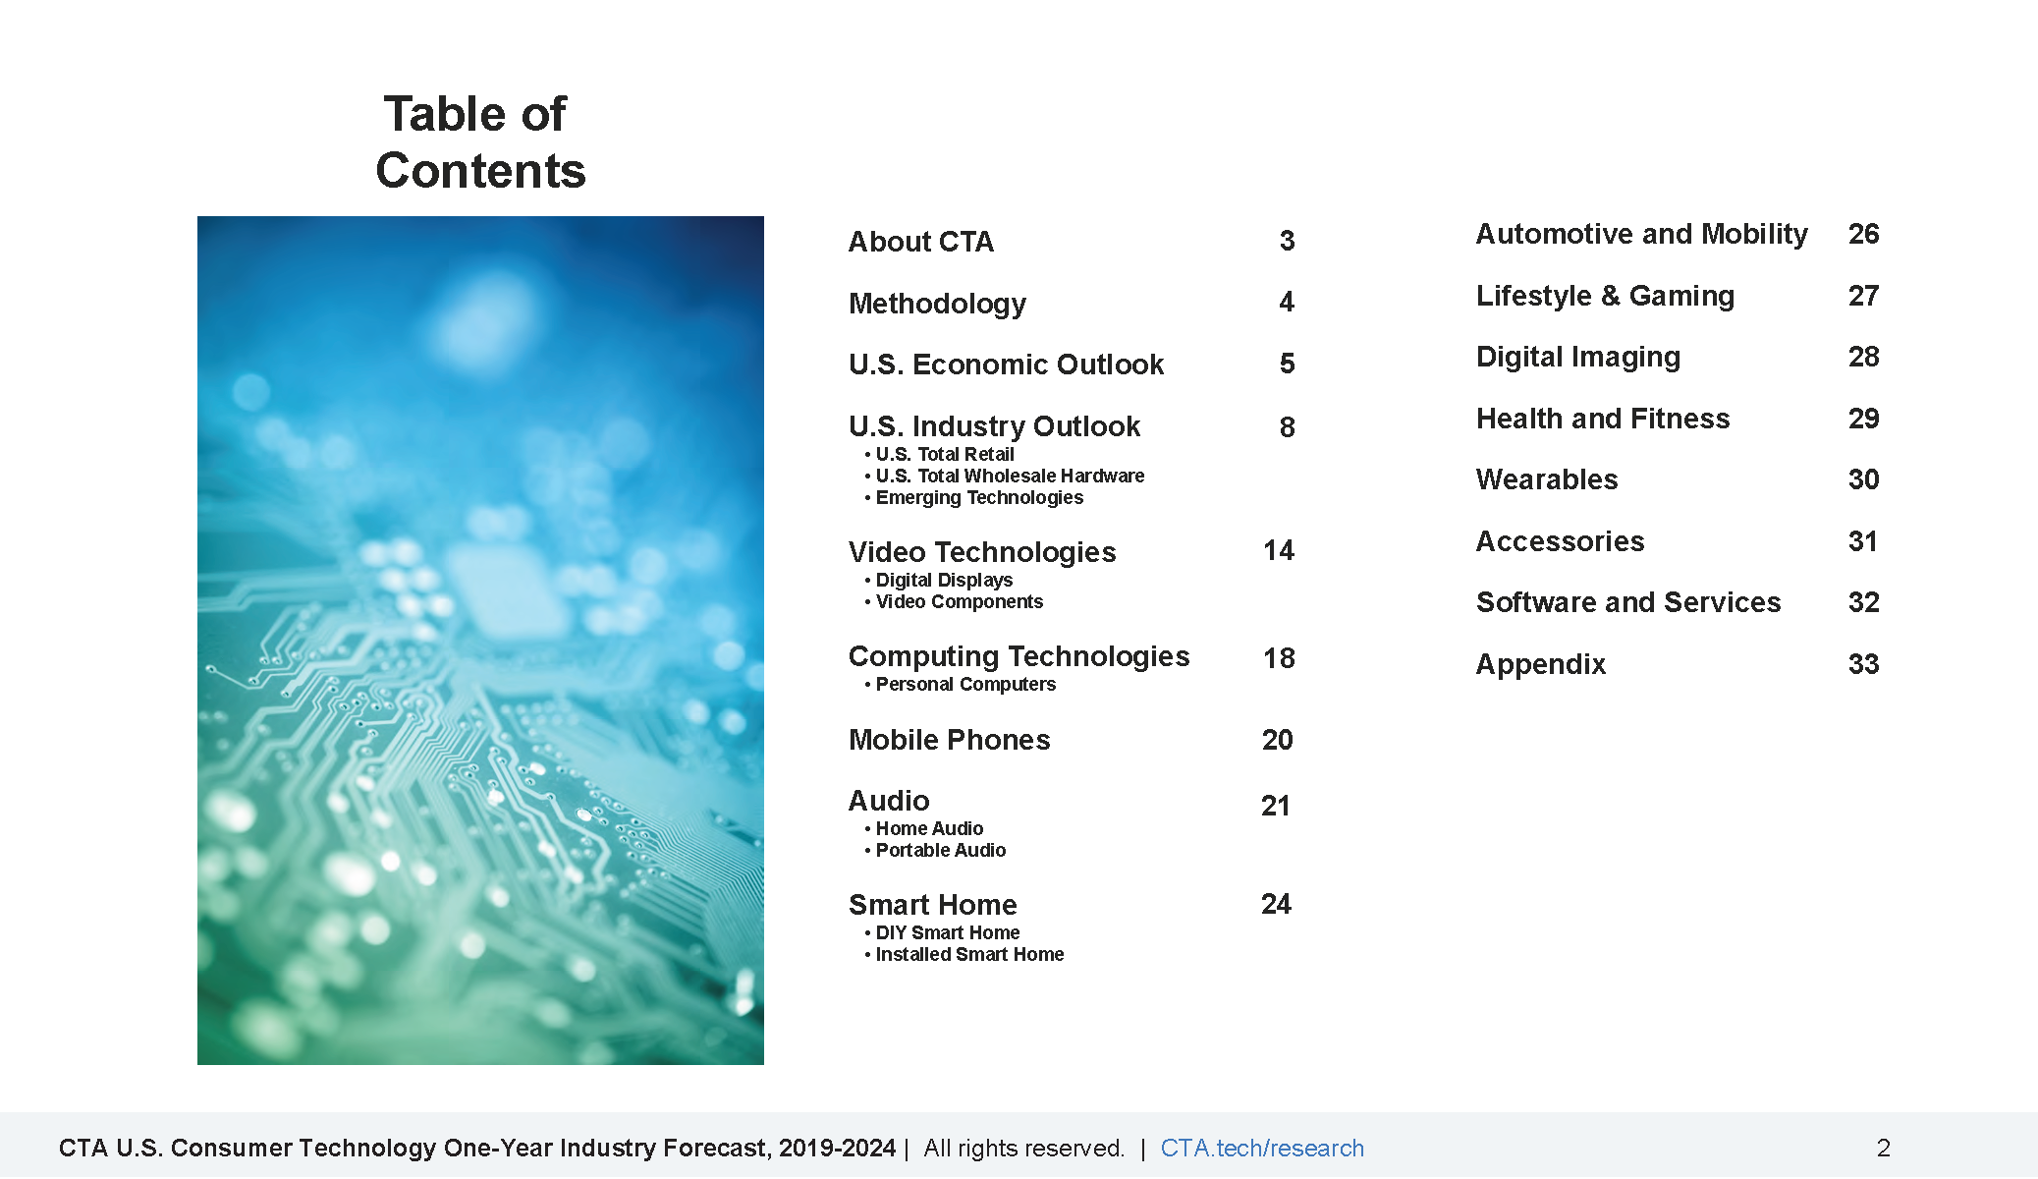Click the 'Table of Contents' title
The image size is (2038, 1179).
(x=480, y=141)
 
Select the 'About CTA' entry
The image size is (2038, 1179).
(x=921, y=242)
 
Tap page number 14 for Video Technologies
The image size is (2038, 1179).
(x=1279, y=550)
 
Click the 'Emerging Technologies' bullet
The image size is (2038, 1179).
(x=979, y=497)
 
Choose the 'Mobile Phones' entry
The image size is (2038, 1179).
(x=950, y=740)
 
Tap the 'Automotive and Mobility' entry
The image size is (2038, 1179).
(x=1642, y=234)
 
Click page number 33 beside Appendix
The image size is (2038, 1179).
(x=1864, y=664)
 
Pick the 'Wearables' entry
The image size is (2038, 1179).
(x=1547, y=479)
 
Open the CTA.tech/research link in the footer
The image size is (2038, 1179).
(x=1262, y=1148)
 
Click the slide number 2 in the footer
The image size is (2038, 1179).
(x=1884, y=1148)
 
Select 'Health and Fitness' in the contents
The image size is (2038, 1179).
(x=1603, y=419)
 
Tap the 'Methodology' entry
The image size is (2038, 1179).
(x=937, y=304)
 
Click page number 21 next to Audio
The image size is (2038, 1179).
(x=1276, y=806)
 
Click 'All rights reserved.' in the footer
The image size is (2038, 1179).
(x=1024, y=1148)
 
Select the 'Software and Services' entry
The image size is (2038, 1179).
(x=1628, y=602)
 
